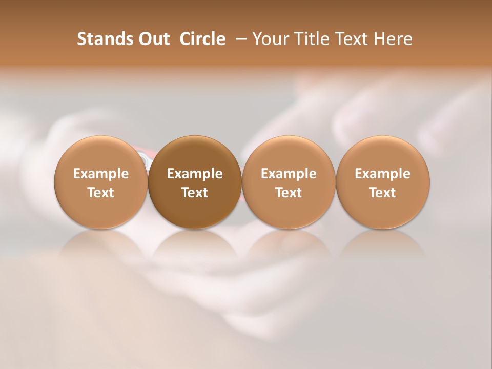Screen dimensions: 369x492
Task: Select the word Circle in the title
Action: (x=202, y=39)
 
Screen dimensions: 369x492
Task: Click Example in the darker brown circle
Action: (x=195, y=174)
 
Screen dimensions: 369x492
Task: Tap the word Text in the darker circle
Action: (x=195, y=193)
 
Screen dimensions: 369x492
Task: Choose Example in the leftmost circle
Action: (x=101, y=174)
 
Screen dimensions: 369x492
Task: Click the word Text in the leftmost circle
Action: (x=101, y=193)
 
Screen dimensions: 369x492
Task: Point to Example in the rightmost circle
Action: (x=383, y=174)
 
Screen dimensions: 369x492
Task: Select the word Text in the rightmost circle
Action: (x=383, y=193)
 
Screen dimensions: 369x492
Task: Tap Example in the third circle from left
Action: (x=289, y=174)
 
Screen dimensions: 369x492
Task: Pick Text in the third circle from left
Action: (x=289, y=193)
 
